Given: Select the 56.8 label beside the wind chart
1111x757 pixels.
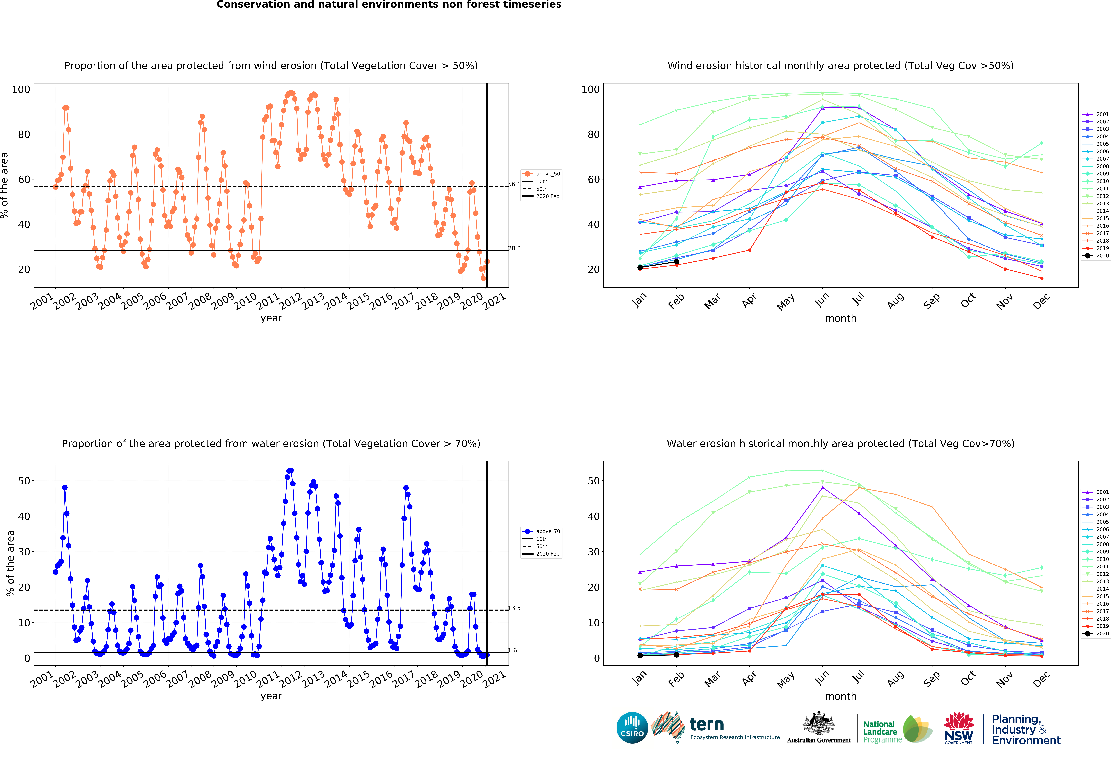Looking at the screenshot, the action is tap(514, 184).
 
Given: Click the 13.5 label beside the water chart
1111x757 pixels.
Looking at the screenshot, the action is tap(514, 608).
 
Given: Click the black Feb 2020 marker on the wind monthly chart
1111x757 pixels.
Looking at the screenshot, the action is tap(676, 261).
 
